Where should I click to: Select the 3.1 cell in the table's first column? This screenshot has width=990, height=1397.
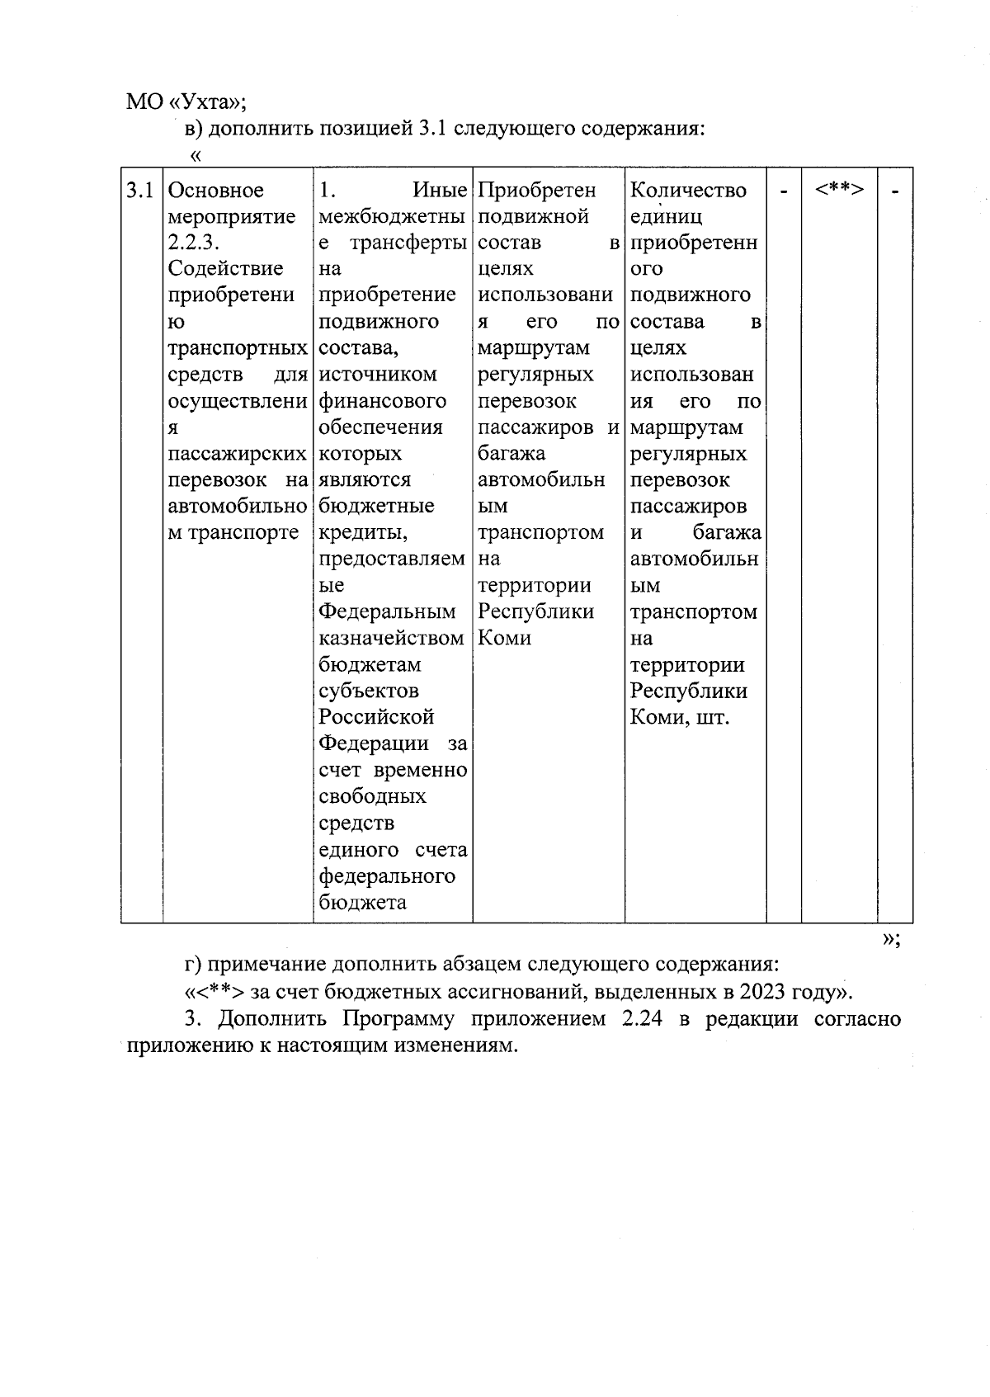point(139,191)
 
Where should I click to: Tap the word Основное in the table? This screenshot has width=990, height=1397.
point(216,191)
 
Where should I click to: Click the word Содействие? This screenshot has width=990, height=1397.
point(225,269)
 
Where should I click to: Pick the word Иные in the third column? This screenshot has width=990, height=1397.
point(439,191)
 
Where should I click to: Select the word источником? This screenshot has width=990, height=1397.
point(378,375)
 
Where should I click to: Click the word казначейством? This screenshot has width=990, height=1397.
point(391,638)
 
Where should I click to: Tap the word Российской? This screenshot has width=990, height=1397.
point(376,717)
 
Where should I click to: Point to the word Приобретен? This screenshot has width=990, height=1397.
point(536,191)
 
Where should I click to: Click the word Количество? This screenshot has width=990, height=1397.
point(688,191)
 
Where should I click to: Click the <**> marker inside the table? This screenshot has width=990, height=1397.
point(839,189)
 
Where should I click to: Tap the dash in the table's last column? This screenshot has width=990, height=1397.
point(895,191)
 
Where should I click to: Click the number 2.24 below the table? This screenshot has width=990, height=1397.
point(640,1019)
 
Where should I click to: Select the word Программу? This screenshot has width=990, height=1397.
point(399,1019)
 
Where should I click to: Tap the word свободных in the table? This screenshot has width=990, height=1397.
point(372,796)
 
